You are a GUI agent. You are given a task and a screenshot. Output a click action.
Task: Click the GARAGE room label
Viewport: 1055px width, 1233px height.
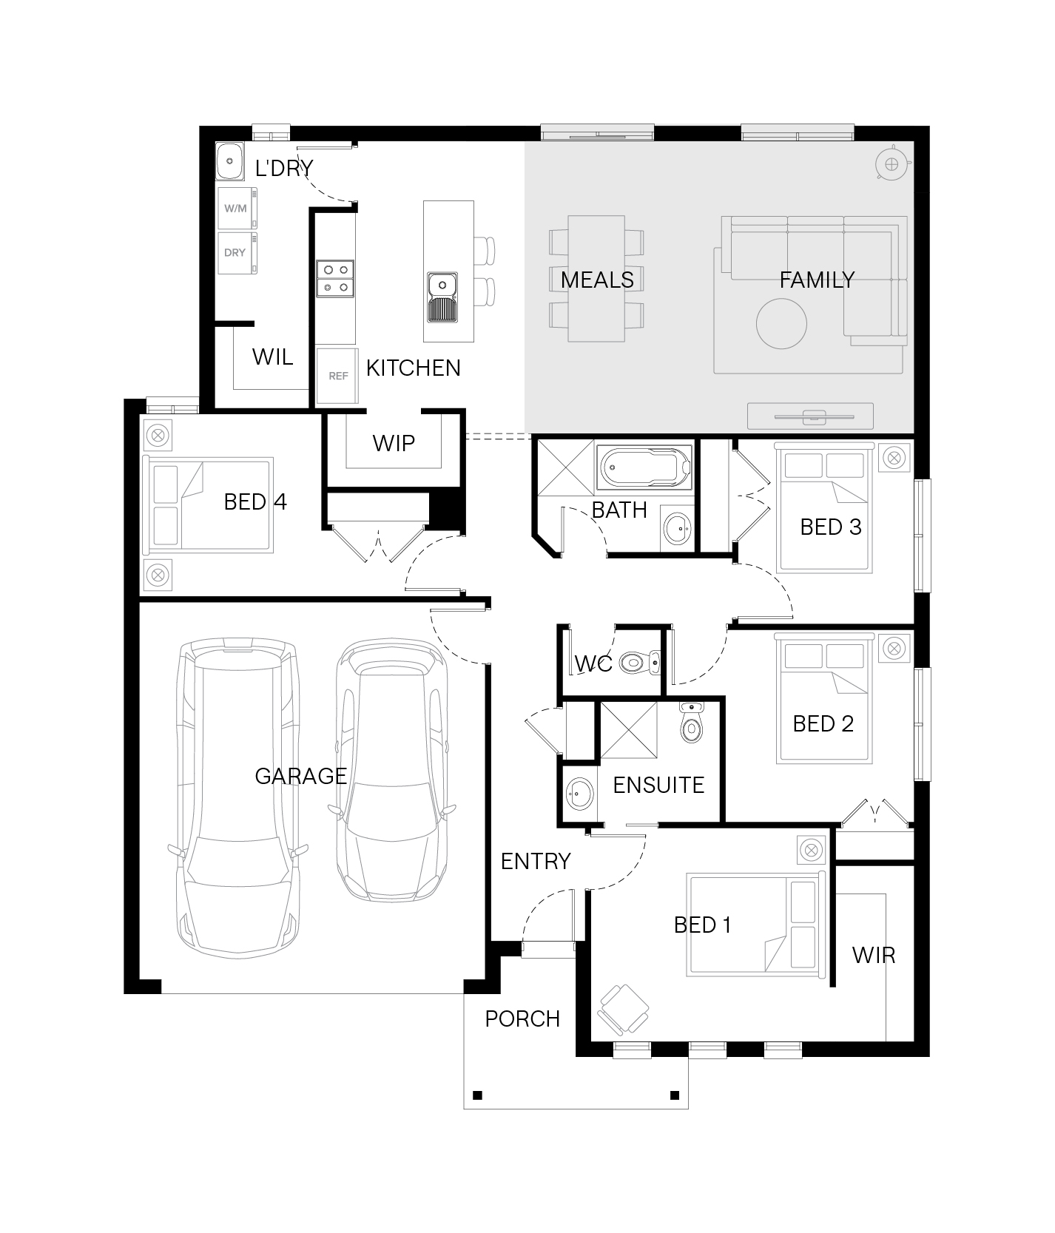pos(300,775)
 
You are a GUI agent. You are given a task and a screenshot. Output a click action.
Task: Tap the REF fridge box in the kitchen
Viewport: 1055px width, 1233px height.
pos(337,376)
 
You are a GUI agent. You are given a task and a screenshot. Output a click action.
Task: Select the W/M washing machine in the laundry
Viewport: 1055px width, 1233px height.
pos(237,208)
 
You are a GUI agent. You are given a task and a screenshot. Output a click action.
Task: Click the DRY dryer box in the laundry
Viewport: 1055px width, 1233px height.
pos(237,253)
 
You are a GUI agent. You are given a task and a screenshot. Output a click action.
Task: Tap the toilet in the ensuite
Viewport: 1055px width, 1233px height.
pos(691,722)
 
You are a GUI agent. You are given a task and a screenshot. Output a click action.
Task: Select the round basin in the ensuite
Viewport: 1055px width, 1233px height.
pos(580,794)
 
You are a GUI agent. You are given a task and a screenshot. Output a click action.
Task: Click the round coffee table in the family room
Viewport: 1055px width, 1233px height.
pos(781,324)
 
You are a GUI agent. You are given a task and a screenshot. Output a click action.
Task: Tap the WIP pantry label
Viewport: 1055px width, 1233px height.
pos(394,443)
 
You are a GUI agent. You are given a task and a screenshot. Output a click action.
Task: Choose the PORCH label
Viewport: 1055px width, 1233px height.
pos(522,1019)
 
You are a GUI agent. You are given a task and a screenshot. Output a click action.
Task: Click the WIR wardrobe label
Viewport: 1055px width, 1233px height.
pos(874,955)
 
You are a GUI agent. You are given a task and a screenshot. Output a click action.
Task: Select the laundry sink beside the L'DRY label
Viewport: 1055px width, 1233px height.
pos(230,161)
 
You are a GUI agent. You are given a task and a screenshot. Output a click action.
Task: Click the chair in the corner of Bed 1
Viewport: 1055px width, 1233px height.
pos(623,1010)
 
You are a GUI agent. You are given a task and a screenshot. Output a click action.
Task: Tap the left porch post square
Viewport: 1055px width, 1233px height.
pos(477,1095)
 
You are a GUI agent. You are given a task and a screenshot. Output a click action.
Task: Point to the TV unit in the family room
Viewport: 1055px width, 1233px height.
pos(810,416)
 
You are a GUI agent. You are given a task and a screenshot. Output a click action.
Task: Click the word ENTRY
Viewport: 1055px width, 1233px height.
pos(536,861)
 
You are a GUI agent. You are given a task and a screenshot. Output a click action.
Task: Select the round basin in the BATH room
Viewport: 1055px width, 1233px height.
pos(676,528)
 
